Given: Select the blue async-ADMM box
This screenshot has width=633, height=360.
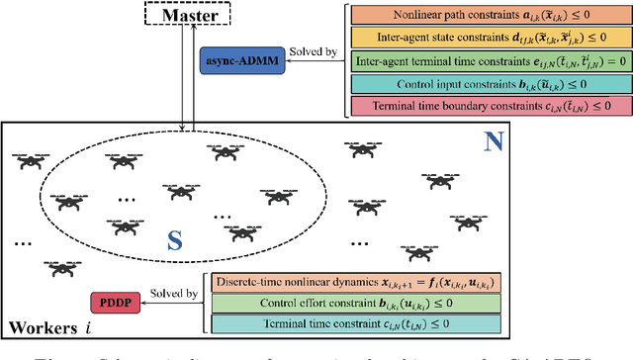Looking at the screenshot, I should [x=239, y=60].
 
